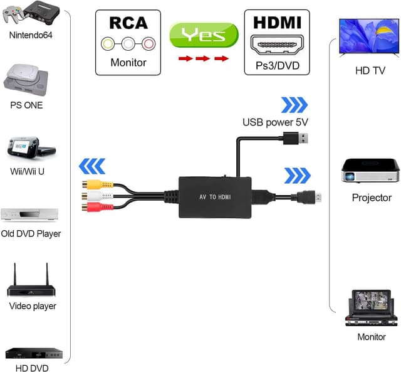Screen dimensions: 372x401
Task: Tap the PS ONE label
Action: click(26, 105)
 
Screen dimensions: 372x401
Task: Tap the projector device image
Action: click(370, 169)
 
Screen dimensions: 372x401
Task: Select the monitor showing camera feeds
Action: click(371, 306)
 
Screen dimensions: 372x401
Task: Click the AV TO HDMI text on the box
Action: click(215, 197)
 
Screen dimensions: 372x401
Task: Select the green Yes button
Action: click(204, 33)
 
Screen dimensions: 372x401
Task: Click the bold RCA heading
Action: click(128, 23)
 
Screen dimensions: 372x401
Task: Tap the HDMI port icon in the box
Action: click(277, 43)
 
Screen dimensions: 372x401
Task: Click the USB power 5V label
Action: click(276, 122)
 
